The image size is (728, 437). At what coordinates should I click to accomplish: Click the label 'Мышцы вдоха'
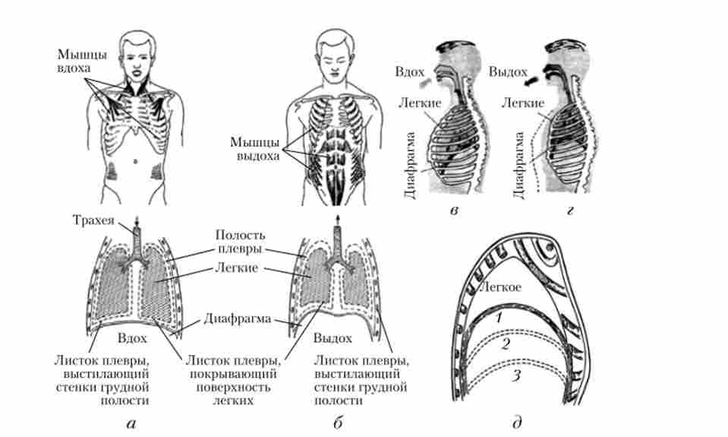tap(82, 61)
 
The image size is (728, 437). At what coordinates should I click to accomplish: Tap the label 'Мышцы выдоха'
tap(255, 149)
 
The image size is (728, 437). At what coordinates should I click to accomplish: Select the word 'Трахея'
tap(93, 220)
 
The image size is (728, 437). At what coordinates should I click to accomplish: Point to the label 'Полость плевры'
tap(240, 242)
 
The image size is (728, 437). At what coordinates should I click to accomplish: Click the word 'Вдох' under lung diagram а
tap(132, 338)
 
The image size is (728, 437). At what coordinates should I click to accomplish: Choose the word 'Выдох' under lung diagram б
tap(332, 338)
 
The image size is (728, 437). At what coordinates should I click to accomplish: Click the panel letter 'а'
tap(131, 423)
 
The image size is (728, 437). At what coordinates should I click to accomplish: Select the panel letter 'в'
tap(454, 211)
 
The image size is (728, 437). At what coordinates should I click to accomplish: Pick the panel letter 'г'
tap(569, 211)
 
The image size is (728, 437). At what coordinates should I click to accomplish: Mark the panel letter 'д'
tap(517, 423)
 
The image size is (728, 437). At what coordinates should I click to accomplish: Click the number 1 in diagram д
tap(499, 318)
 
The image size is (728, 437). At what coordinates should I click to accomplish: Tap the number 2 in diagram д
tap(506, 344)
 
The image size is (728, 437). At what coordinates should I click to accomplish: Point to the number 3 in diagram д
tap(516, 375)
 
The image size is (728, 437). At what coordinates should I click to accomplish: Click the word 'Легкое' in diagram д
tap(500, 287)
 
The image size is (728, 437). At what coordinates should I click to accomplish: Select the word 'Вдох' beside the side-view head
tap(409, 72)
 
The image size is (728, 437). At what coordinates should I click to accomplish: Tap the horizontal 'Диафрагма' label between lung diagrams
tap(238, 319)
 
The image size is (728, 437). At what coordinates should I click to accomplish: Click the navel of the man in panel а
tap(136, 161)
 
